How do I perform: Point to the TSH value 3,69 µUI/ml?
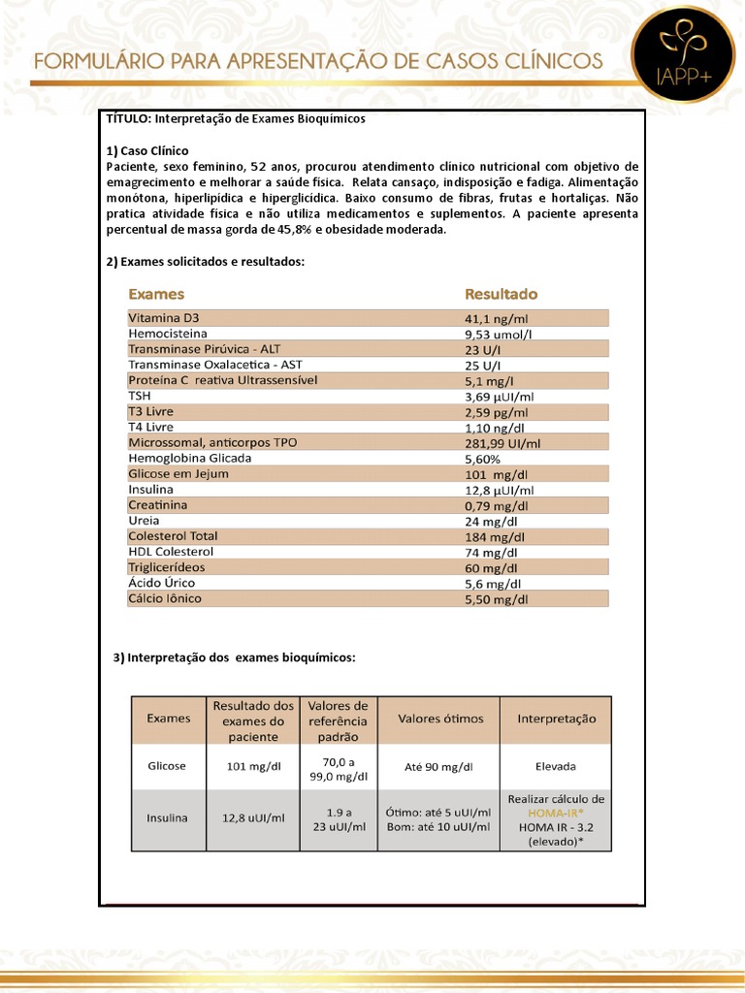500,396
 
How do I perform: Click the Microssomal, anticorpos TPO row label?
212,442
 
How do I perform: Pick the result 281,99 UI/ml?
502,443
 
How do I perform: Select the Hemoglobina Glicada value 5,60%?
483,459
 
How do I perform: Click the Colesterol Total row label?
173,536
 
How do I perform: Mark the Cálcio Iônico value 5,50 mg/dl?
497,599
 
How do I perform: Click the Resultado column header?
501,294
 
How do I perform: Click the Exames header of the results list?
156,294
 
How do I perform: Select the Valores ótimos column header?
438,720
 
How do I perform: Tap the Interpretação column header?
556,720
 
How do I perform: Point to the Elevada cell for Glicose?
556,765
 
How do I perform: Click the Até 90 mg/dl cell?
438,766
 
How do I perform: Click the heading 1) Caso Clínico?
146,150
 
